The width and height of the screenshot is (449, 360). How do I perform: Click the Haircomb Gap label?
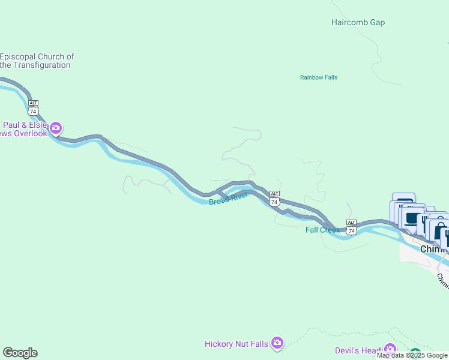click(358, 23)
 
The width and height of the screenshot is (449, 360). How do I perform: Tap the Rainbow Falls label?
click(319, 77)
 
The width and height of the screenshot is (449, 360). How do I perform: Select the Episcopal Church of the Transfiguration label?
click(37, 61)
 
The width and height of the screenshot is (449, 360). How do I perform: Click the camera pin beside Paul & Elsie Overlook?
click(56, 128)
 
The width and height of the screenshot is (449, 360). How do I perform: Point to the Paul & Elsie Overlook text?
click(24, 129)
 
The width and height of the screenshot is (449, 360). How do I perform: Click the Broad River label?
click(229, 199)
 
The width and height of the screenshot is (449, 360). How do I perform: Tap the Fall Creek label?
click(322, 230)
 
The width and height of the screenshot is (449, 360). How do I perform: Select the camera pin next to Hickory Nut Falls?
click(277, 343)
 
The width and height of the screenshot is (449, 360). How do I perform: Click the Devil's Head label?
click(358, 350)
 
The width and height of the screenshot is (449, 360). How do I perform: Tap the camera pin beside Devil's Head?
click(390, 349)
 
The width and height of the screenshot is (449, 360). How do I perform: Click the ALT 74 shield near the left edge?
click(33, 108)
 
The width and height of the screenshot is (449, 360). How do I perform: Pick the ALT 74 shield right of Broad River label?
click(274, 199)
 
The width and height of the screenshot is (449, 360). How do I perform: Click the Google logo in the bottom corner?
click(20, 353)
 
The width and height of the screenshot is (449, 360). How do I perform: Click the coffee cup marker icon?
click(412, 220)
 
